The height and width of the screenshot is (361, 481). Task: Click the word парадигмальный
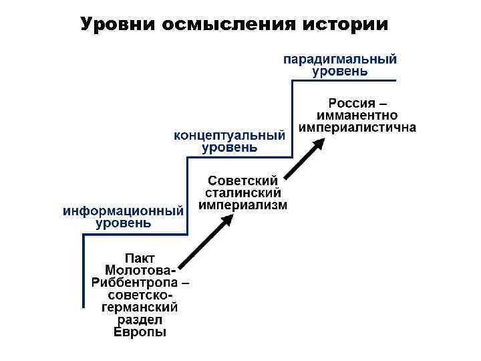pos(340,59)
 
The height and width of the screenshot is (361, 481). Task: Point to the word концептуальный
pos(230,135)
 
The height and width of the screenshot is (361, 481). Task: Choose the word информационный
pos(123,211)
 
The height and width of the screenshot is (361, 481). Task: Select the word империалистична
pos(358,127)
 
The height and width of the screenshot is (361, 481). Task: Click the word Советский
pos(243,180)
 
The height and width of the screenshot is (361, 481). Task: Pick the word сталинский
pos(243,193)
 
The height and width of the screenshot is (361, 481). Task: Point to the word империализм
pos(243,205)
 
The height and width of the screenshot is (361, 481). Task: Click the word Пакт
pos(141,257)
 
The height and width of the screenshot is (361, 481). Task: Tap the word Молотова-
pos(141,269)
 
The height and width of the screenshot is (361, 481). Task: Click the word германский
pos(140,308)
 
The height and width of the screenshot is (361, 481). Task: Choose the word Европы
pos(140,332)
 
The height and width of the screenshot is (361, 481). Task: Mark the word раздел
pos(140,320)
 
